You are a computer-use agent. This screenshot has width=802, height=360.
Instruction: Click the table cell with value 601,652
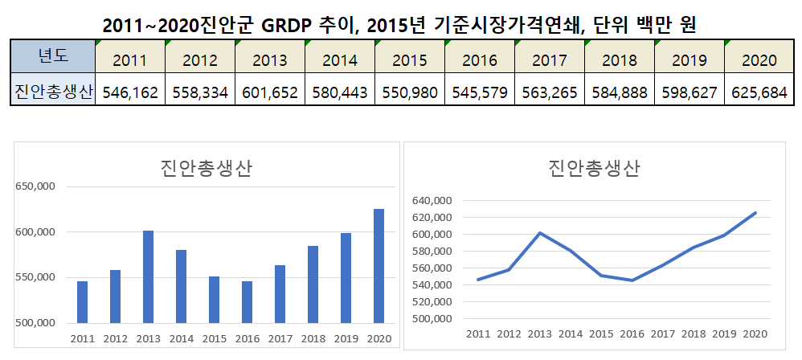[270, 92]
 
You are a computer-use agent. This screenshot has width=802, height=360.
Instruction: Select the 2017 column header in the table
[550, 59]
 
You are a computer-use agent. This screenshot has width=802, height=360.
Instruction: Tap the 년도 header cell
[53, 55]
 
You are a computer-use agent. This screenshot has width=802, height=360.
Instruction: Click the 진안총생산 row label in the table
[53, 92]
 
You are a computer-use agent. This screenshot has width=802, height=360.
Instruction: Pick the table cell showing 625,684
[759, 92]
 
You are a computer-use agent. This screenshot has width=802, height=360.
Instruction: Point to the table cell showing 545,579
[480, 92]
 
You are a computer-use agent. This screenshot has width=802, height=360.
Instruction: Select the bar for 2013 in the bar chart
[148, 276]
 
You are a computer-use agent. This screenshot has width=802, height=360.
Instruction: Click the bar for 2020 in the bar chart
[378, 266]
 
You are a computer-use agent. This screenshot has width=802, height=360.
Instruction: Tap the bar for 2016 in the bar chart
[247, 301]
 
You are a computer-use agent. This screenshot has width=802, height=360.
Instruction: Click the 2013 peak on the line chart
[540, 233]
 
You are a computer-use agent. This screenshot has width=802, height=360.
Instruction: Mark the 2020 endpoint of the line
[755, 213]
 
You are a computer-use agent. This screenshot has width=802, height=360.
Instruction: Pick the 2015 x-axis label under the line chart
[602, 334]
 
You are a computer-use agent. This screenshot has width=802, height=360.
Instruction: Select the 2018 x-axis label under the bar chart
[313, 337]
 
